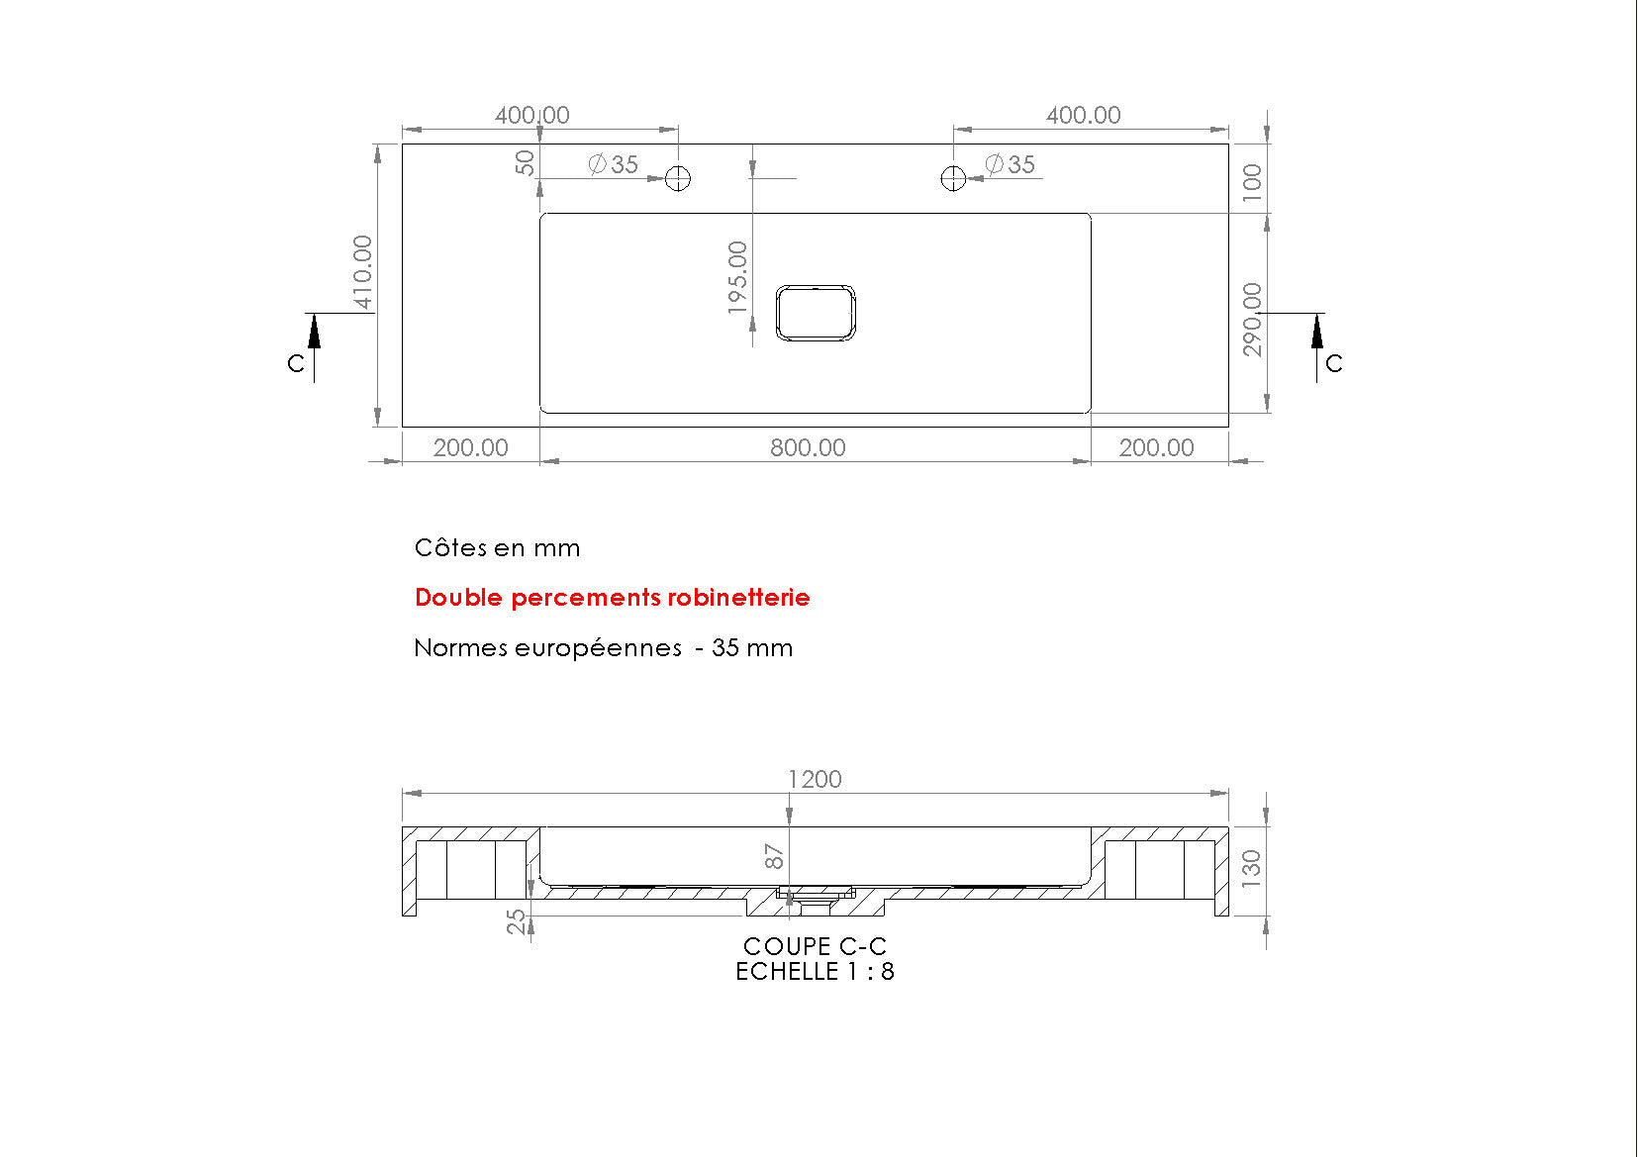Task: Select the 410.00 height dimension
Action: pos(362,272)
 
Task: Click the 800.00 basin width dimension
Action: pos(808,447)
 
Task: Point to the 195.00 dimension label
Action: pos(737,278)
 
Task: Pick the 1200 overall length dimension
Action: pos(815,779)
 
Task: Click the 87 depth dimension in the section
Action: pos(774,856)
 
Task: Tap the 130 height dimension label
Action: pos(1251,868)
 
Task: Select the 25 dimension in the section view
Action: pos(517,921)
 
